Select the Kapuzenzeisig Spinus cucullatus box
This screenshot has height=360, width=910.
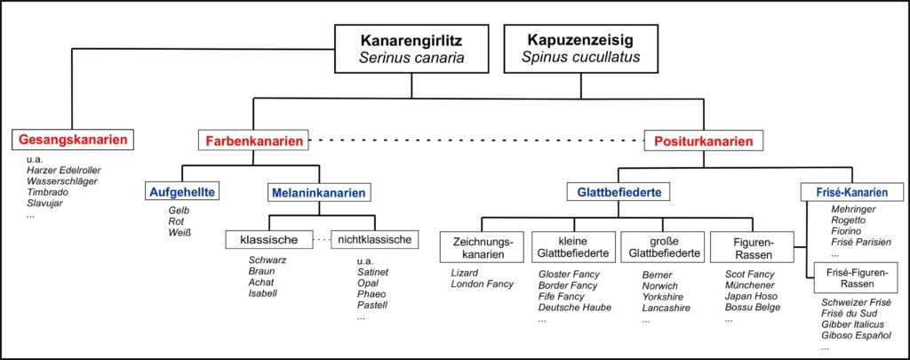pos(583,49)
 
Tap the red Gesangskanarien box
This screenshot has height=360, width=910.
pos(73,140)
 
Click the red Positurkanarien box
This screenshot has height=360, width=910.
pos(704,140)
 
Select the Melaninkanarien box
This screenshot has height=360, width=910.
pos(319,192)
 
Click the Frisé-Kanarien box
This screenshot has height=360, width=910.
pos(851,192)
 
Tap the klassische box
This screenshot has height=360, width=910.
pos(269,239)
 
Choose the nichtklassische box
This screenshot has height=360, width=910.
pos(374,239)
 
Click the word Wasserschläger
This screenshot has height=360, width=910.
pos(62,180)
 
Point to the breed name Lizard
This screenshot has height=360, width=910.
pos(464,273)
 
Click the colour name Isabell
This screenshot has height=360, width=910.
pos(263,292)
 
